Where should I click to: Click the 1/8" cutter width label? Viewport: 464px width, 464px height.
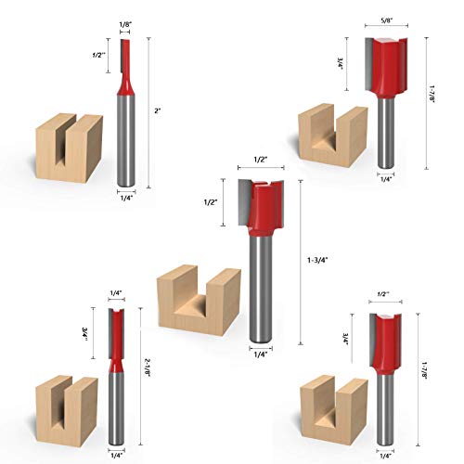tap(125, 24)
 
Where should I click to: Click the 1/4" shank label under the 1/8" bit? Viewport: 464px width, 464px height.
tap(125, 196)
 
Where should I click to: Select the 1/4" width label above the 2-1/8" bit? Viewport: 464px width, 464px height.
tap(116, 293)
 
